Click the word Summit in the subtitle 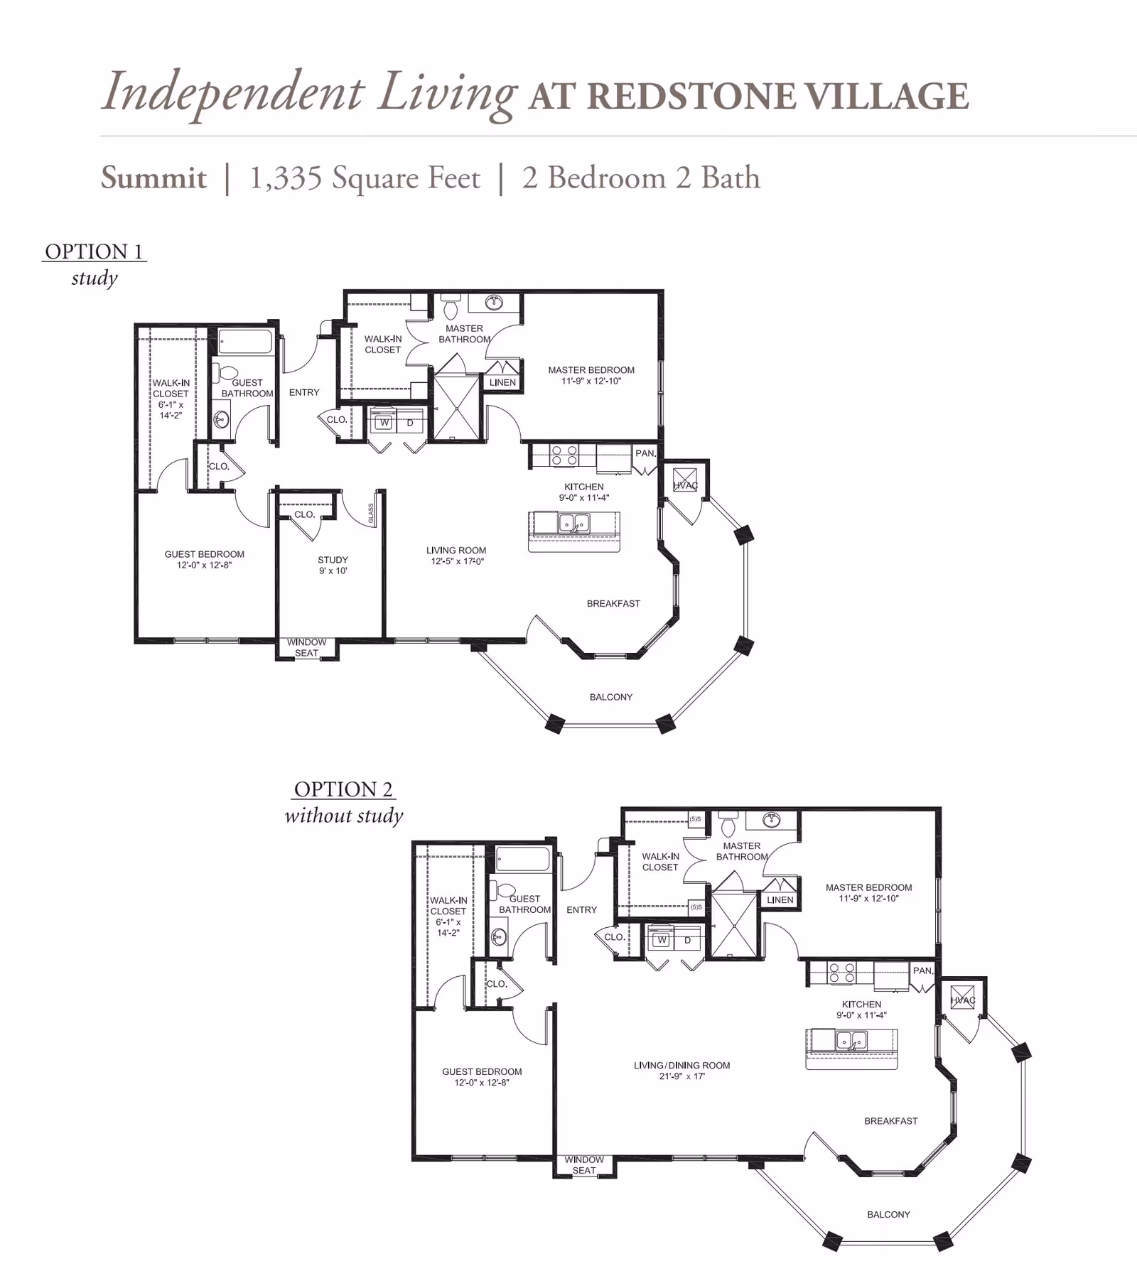tap(153, 178)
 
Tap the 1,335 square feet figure tap(365, 178)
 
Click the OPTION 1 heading tap(94, 252)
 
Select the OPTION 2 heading tap(343, 789)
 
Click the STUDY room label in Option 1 tap(333, 560)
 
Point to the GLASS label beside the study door tap(371, 514)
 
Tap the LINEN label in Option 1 tap(502, 382)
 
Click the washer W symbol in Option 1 tap(384, 423)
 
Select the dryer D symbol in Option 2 tap(687, 940)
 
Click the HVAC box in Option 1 tap(685, 482)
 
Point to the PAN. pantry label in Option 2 tap(922, 970)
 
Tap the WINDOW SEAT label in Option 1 tap(306, 647)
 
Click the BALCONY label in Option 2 tap(888, 1214)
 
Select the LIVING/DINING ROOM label tap(681, 1065)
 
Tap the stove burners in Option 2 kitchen tap(841, 973)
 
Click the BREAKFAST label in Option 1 tap(613, 603)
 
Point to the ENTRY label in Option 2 tap(581, 909)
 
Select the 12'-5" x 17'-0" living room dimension tap(457, 561)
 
